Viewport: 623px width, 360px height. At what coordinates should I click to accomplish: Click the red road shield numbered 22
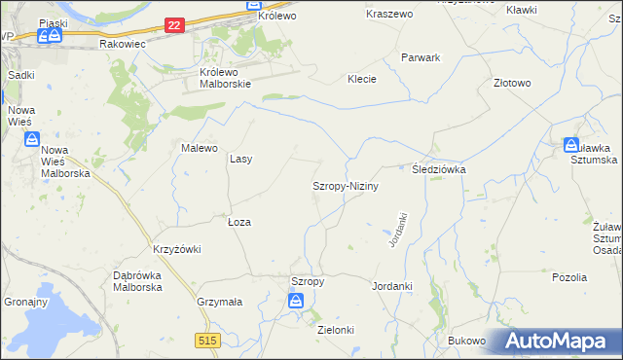174,25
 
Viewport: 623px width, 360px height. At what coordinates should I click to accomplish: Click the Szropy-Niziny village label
345,185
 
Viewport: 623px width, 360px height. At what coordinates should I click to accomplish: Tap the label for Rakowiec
122,45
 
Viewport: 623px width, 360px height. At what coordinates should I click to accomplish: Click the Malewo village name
199,148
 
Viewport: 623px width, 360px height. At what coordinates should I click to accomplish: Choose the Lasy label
240,159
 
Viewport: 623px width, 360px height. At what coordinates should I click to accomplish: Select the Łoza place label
239,222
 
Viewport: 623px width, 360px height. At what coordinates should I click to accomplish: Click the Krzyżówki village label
176,249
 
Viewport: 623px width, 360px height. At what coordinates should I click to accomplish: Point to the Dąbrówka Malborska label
137,281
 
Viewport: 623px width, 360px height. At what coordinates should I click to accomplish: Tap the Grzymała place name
219,302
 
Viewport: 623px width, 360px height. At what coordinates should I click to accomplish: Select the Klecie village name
362,79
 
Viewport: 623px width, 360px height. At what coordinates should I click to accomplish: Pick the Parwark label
421,57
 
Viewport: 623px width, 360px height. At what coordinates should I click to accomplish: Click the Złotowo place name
512,83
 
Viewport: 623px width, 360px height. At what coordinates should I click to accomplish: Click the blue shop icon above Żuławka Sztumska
571,145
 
